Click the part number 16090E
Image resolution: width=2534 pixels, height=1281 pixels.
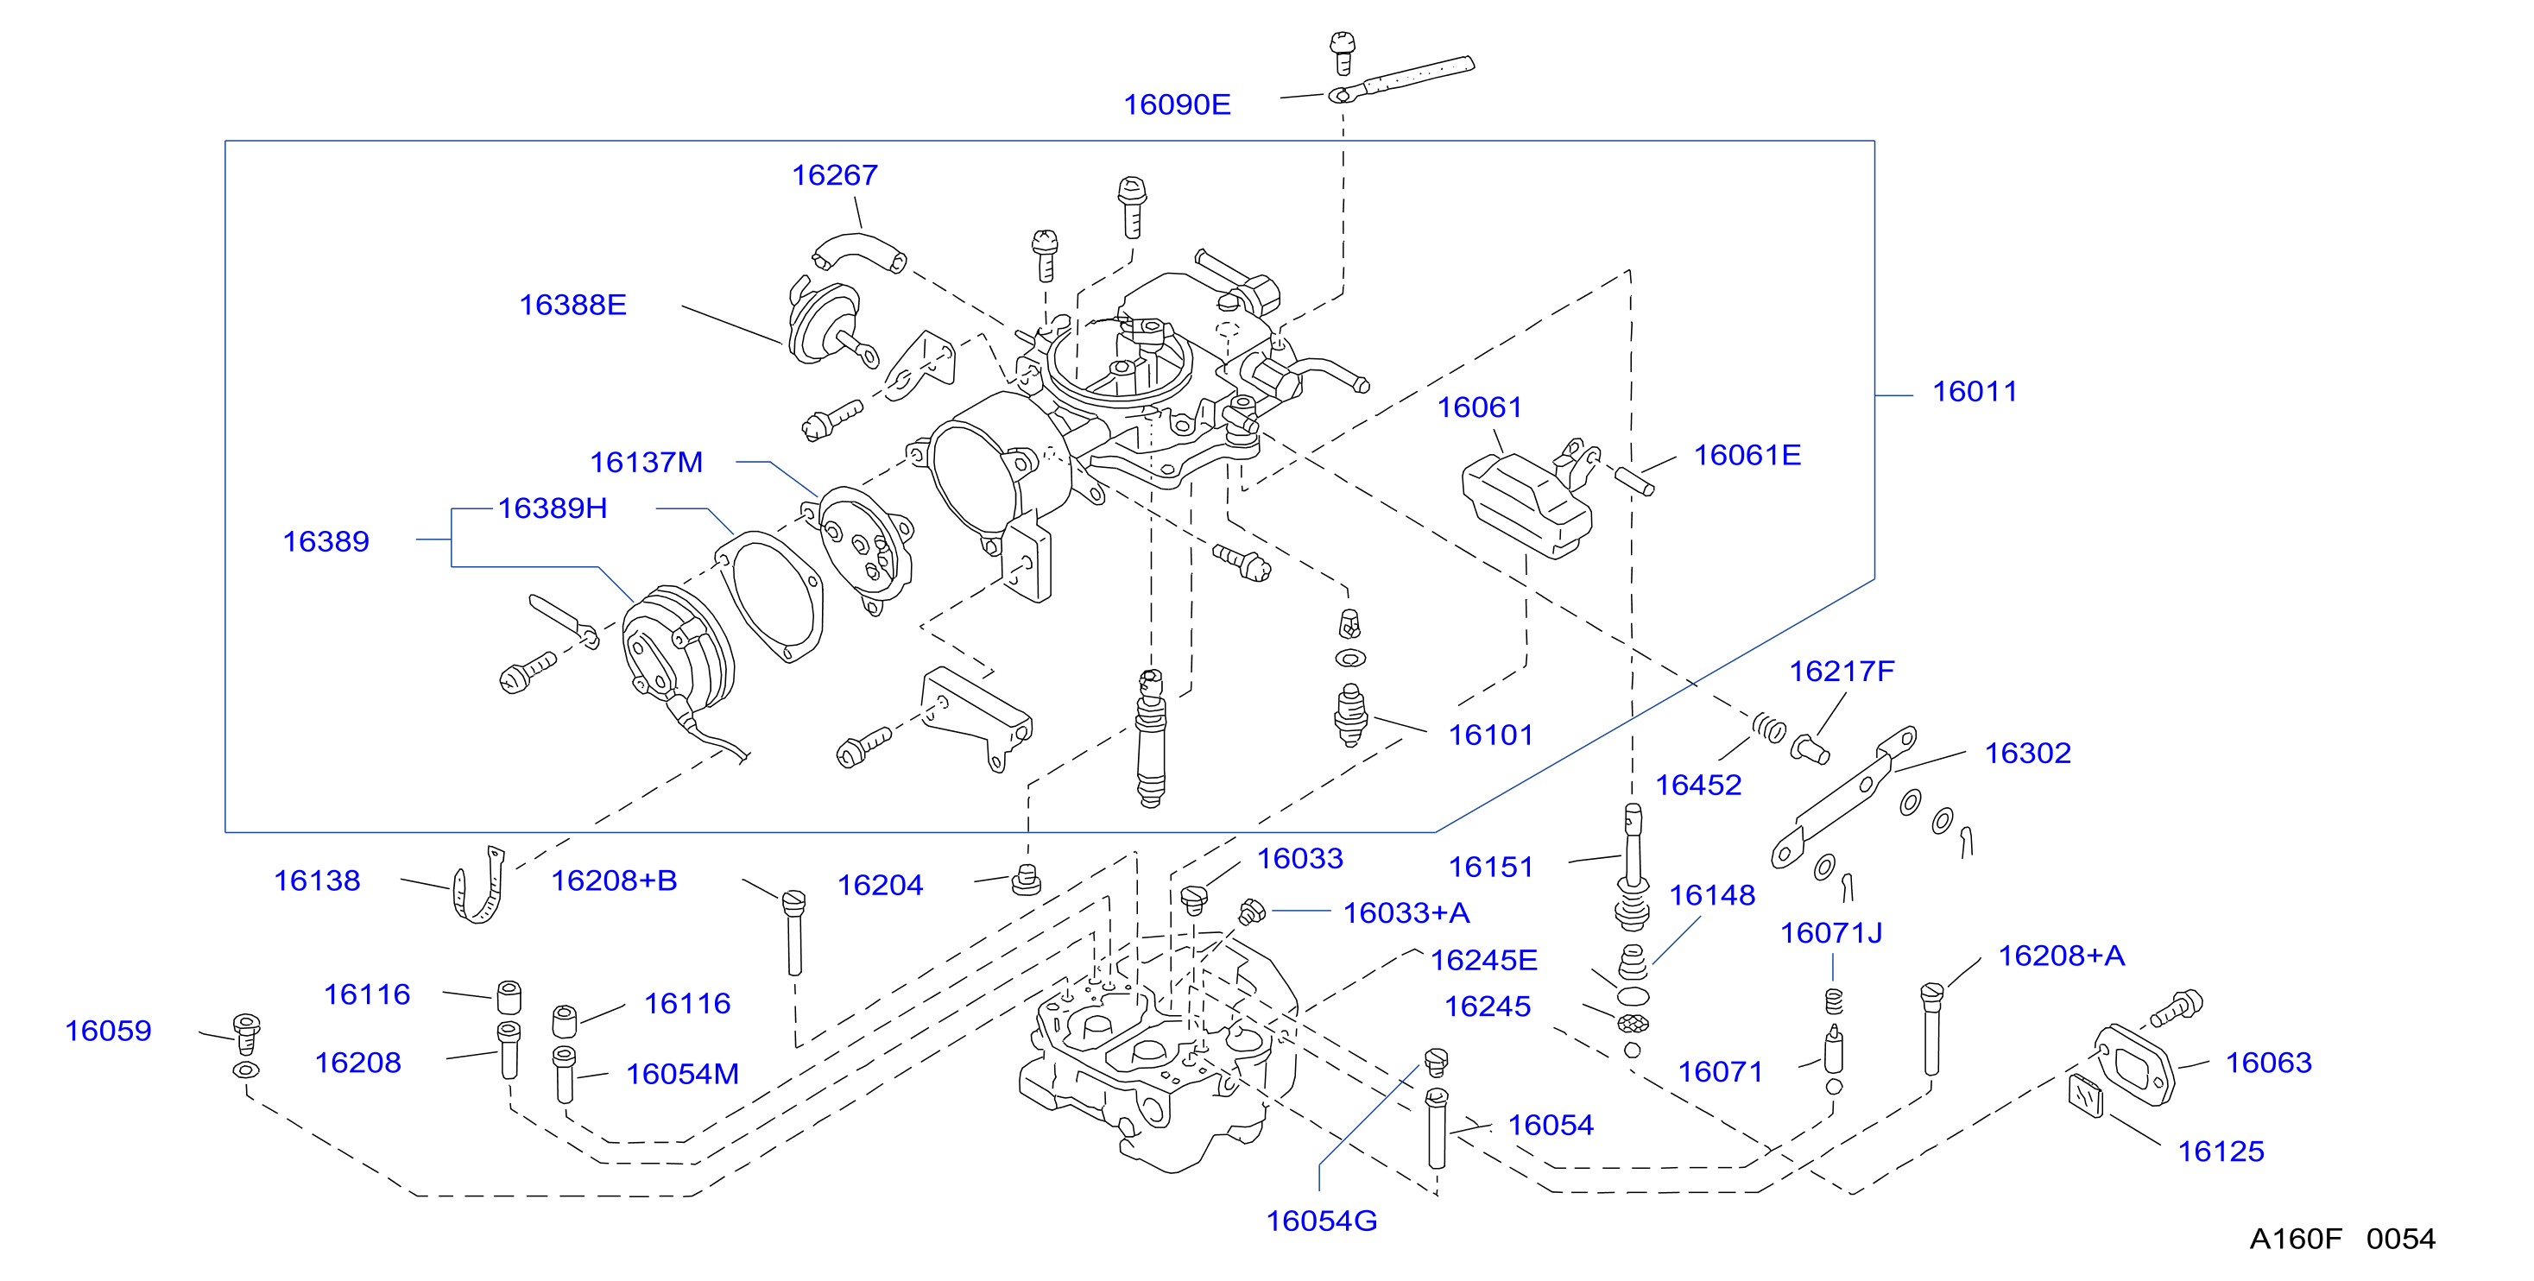[1177, 104]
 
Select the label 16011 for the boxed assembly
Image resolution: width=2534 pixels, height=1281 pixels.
[1975, 392]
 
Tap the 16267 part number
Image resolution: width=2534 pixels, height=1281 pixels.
[834, 175]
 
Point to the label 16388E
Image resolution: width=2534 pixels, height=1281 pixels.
[572, 305]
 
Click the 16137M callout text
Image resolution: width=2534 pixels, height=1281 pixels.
[647, 463]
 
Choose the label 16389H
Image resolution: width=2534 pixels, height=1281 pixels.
[552, 508]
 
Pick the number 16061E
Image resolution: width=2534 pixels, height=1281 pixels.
[1747, 456]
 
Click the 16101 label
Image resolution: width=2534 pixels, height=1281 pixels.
[1490, 735]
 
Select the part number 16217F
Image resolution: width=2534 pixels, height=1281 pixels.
[1842, 671]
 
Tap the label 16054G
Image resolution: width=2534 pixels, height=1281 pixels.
[1321, 1221]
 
